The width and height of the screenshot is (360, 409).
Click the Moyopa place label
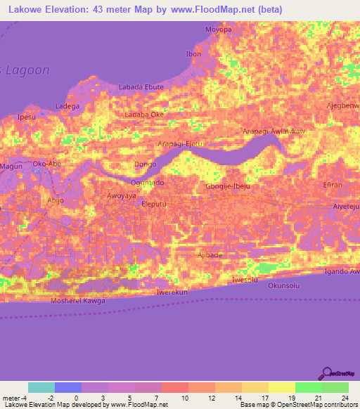217,30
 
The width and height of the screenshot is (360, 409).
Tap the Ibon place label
193,54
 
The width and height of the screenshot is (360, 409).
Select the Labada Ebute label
141,86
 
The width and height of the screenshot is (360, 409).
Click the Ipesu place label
26,117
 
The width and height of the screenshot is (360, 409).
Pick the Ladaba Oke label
143,114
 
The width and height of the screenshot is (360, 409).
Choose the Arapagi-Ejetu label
180,143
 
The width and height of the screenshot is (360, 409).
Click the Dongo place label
145,165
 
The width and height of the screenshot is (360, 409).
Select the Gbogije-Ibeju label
227,186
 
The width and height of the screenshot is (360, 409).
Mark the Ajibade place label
210,254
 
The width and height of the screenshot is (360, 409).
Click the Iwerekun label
172,291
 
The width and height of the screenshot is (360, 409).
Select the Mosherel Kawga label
78,301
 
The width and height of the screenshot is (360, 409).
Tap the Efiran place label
333,184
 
